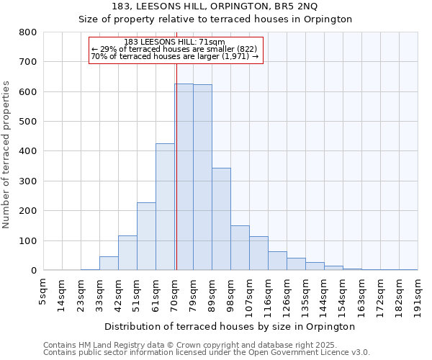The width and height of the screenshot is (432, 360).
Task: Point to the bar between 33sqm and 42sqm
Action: (109, 264)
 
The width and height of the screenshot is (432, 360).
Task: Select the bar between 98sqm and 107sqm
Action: (240, 248)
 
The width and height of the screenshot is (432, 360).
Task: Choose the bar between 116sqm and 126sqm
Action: (277, 261)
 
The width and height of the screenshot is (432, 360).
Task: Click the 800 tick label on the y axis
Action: (27, 32)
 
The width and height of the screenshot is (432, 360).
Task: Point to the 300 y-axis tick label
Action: (27, 181)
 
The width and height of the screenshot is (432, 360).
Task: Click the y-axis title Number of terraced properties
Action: (6, 155)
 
